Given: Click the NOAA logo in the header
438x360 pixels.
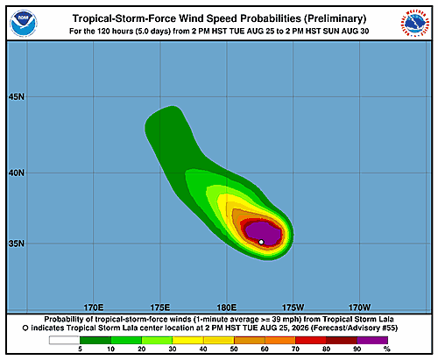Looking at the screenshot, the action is click(x=24, y=24).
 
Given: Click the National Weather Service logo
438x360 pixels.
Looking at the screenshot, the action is click(x=414, y=24).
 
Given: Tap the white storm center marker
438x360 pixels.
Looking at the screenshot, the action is click(x=261, y=242).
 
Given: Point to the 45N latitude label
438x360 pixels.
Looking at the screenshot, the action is click(x=17, y=96).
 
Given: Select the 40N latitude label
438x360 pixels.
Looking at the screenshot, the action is click(x=17, y=173).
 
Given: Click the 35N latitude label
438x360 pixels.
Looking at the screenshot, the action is click(x=17, y=244).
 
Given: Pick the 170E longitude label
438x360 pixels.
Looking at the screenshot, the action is click(x=94, y=307).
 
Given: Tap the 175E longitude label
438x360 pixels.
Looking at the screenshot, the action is click(x=160, y=307).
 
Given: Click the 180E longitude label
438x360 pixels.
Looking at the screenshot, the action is click(x=227, y=307).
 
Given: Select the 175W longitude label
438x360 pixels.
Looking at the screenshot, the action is click(x=293, y=307).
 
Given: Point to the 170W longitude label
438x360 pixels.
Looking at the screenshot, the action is click(x=359, y=307).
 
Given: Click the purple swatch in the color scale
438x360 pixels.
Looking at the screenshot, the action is click(x=372, y=340).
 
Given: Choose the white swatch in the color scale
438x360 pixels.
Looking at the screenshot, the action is click(x=65, y=340).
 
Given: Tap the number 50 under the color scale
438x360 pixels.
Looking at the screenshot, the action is click(x=234, y=349).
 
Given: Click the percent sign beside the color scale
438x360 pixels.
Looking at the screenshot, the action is click(x=387, y=349).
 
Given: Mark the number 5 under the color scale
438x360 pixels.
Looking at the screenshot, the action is click(x=80, y=349).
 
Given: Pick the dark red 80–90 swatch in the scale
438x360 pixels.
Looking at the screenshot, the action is click(x=342, y=340).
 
